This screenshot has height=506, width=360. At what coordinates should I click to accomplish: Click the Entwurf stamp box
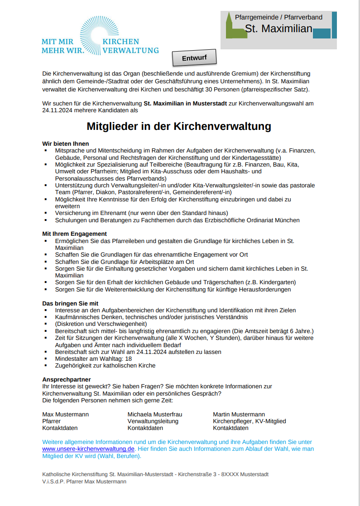194,58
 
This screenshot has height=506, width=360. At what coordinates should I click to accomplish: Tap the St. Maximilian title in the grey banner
278,29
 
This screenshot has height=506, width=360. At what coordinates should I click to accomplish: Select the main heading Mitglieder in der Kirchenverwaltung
179,126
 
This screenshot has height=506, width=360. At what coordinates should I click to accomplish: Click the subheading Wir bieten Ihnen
66,143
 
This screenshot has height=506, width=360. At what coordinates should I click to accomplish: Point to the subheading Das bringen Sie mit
70,303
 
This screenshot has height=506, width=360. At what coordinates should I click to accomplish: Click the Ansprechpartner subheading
67,379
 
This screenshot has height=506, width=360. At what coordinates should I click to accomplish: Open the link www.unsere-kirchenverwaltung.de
89,449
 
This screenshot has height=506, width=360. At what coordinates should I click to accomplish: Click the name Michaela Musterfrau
154,414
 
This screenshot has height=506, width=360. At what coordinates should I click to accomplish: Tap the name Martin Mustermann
239,414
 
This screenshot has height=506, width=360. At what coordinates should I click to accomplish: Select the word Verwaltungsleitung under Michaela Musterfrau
153,421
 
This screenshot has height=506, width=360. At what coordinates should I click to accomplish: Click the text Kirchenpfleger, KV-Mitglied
249,421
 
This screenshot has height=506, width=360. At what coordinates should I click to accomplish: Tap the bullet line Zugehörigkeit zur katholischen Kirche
105,366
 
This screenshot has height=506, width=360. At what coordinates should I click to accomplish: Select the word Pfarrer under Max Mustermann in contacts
51,421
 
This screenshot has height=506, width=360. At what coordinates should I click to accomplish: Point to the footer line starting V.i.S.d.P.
84,482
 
